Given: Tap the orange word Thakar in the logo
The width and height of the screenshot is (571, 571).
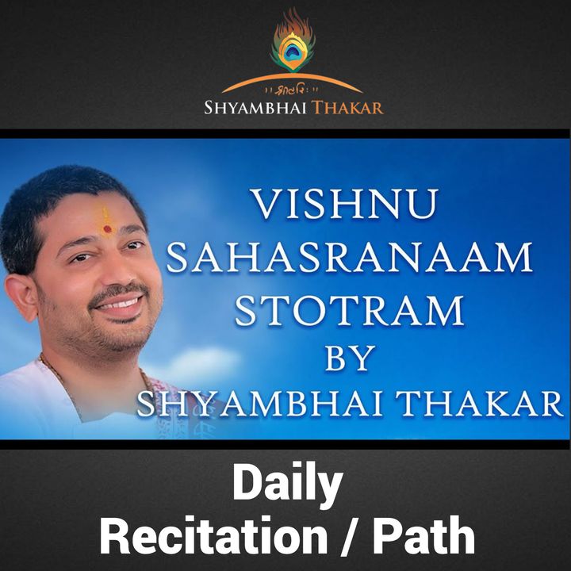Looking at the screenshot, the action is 347,108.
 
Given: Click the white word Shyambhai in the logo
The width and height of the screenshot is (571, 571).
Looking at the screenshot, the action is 255,108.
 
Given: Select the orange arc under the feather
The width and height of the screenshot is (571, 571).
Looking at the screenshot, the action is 292,82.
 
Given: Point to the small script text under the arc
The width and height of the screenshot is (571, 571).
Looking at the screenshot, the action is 292,90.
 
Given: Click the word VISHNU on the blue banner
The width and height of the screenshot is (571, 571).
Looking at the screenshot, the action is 344,204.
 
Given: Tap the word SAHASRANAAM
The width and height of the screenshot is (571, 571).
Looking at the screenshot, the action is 350,258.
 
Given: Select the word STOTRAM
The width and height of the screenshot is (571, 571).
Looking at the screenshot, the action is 350,311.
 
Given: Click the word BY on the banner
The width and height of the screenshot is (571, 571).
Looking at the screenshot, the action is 350,358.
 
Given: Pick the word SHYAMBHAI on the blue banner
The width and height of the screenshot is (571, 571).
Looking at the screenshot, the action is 259,404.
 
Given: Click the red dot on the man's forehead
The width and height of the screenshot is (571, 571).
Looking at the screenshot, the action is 107,229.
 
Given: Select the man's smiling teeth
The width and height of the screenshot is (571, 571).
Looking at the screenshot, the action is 120,304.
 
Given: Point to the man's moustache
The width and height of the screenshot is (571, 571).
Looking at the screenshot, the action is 118,291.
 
